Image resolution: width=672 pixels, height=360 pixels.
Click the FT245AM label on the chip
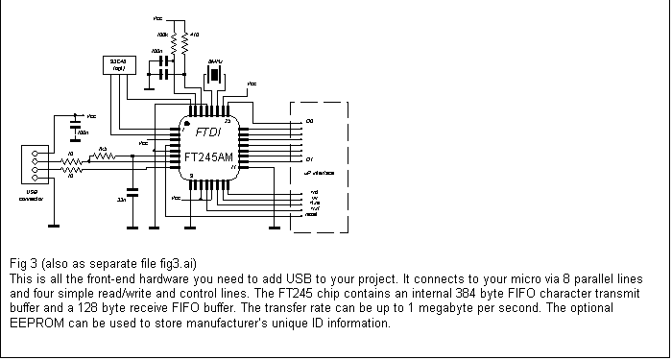click(207, 156)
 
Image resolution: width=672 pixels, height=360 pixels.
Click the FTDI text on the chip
click(208, 132)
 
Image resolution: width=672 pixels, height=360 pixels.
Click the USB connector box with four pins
click(32, 164)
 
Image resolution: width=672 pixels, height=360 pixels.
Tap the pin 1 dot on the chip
click(187, 127)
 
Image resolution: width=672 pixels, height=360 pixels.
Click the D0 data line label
click(308, 121)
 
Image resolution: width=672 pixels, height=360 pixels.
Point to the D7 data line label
click(308, 158)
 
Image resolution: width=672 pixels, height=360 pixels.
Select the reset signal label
click(312, 214)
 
